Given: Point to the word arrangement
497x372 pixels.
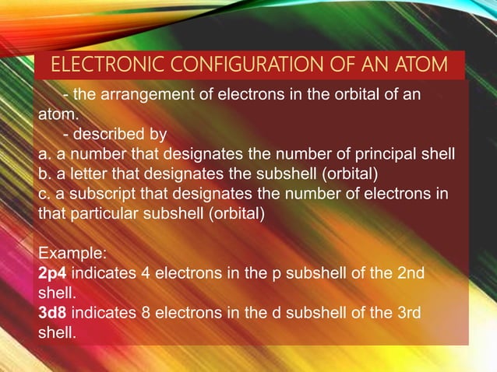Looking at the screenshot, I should (139, 95).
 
